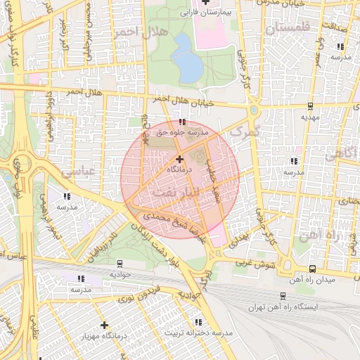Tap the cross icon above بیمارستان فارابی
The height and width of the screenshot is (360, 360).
[x=205, y=2]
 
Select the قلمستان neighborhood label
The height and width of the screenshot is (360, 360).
[x=288, y=29]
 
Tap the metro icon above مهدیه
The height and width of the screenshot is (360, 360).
[x=310, y=106]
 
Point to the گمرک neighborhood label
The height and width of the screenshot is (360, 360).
[x=245, y=131]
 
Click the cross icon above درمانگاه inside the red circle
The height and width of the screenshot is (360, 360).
[x=179, y=160]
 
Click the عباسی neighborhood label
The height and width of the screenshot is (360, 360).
[x=77, y=170]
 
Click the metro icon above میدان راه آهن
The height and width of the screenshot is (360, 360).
[x=313, y=269]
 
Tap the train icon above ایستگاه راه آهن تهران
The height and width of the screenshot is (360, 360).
[x=283, y=297]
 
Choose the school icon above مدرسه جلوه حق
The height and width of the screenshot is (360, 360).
[x=183, y=121]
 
